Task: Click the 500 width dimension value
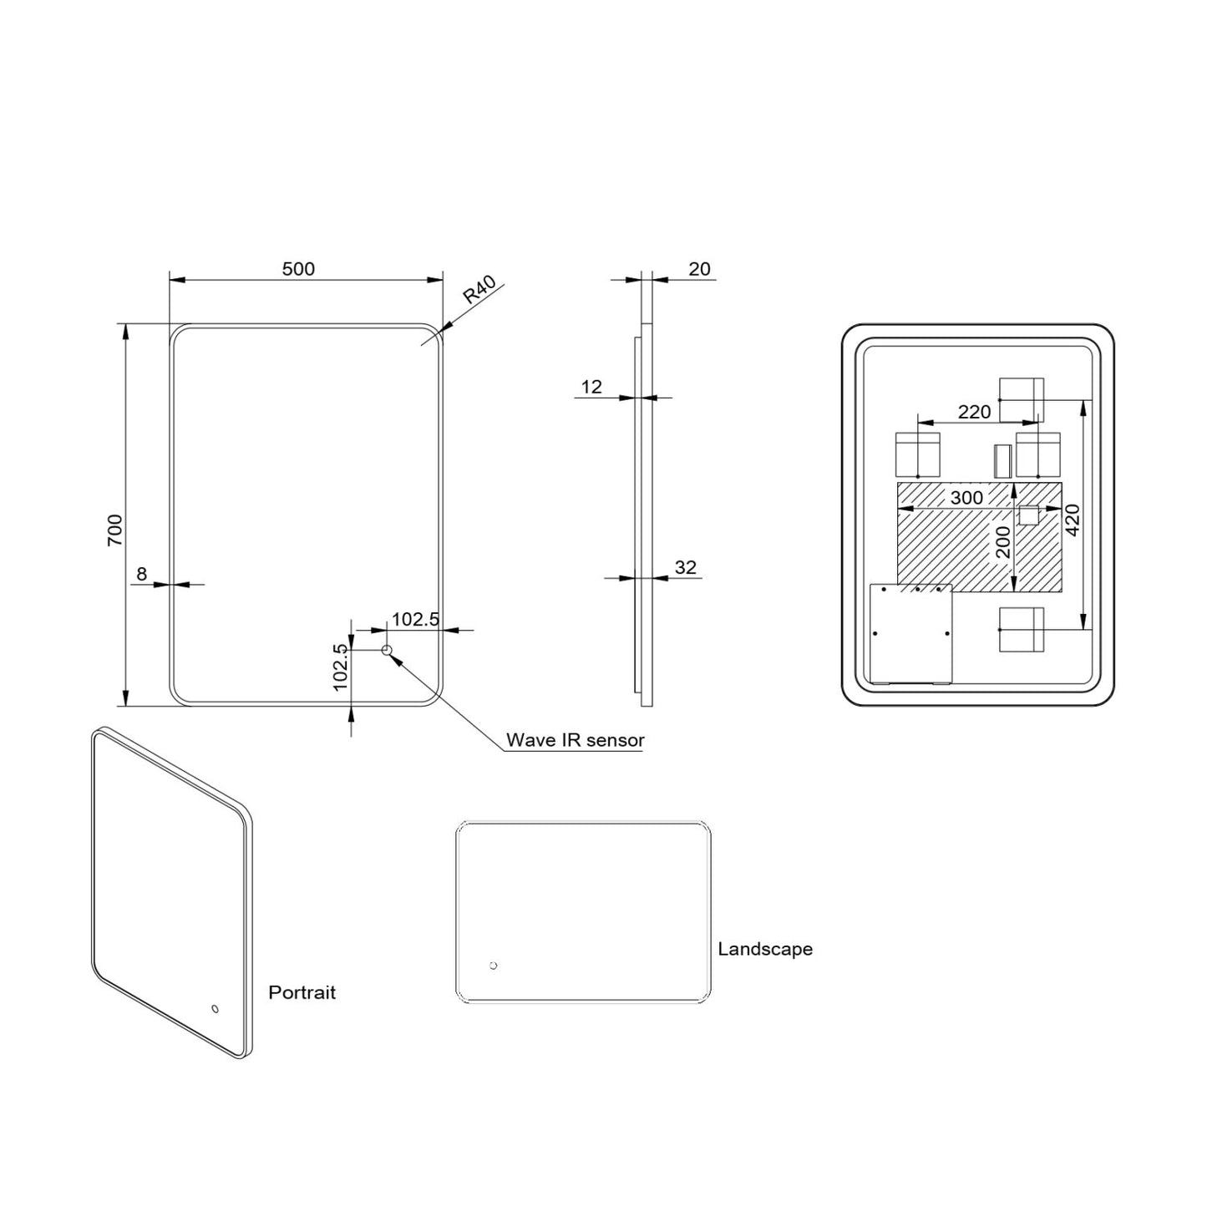(298, 269)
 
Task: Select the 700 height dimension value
(115, 530)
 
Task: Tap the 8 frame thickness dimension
(141, 574)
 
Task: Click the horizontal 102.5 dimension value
(415, 619)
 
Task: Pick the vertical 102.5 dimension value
(340, 667)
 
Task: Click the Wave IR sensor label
(575, 740)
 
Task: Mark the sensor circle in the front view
(387, 650)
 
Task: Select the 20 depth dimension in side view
(699, 269)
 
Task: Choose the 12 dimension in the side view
(591, 387)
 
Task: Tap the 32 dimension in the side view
(685, 568)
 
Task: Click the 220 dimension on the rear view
(974, 412)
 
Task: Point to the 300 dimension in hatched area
(967, 498)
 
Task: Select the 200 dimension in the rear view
(1004, 542)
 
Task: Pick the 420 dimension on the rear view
(1073, 519)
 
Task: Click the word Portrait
(302, 992)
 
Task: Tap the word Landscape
(765, 949)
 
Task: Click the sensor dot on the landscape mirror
(493, 966)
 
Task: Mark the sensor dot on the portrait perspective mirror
(215, 1008)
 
